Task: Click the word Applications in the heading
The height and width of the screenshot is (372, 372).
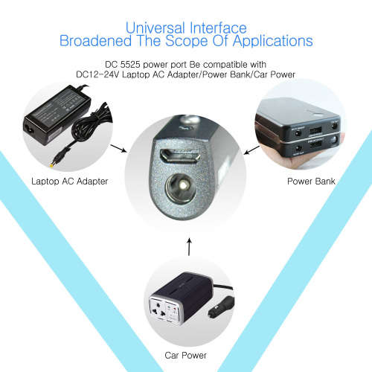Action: pos(272,41)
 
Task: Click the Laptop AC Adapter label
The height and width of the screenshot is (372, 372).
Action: pos(70,182)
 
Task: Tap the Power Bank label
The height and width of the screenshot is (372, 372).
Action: pos(311,182)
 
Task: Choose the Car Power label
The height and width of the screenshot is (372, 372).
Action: pos(185,355)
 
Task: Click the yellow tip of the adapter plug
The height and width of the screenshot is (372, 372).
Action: pos(52,164)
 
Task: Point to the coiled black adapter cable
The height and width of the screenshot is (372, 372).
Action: pos(91,124)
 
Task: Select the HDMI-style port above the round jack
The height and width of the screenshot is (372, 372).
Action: pos(180,155)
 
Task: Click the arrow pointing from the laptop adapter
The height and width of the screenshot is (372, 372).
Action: pos(118,148)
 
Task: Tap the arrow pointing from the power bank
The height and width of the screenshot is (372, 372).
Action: pos(251,150)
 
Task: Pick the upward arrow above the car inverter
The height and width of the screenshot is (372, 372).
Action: pos(189,247)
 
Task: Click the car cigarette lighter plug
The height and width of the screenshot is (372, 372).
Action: pos(221,307)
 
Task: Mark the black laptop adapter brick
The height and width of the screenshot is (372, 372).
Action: pos(57,115)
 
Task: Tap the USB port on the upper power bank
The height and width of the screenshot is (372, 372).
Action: pos(315,130)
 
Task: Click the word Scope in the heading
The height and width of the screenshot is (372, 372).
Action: pos(187,41)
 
